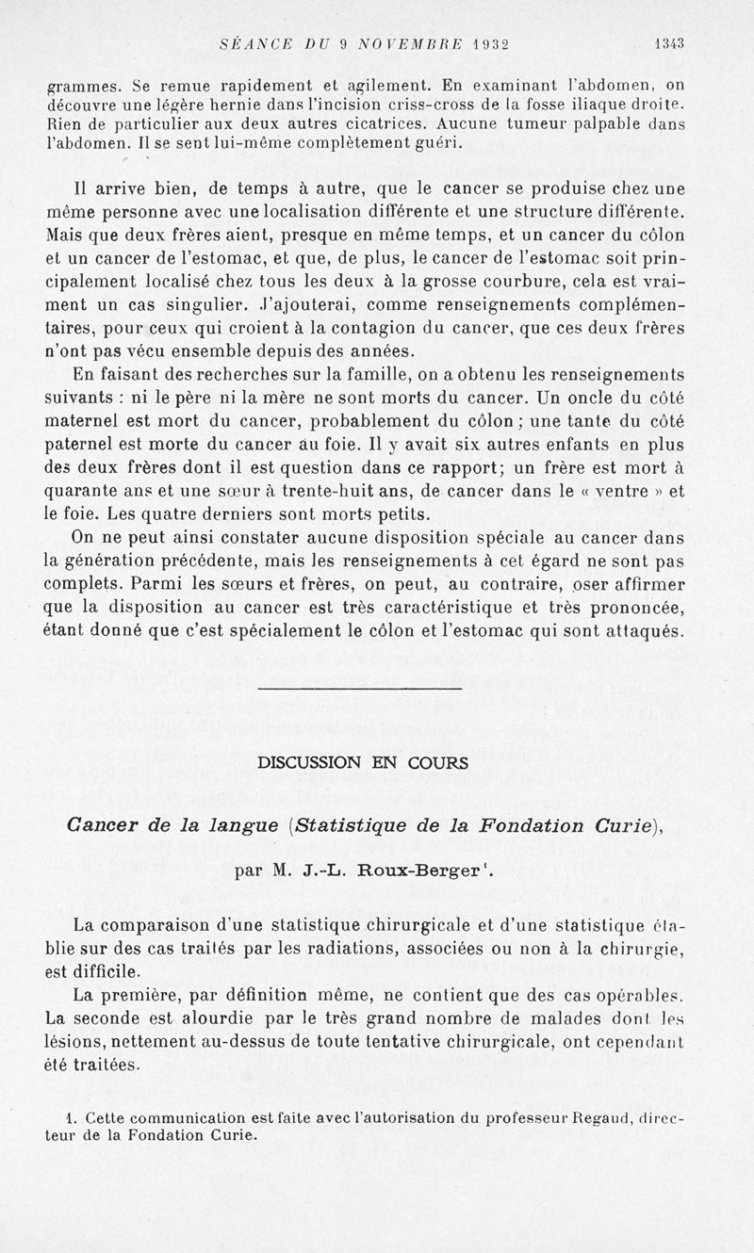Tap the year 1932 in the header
point(483,42)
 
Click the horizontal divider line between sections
point(360,689)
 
